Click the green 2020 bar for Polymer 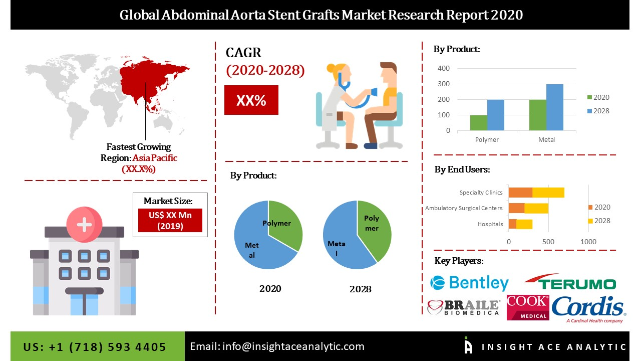[x=478, y=123]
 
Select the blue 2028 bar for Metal [x=554, y=107]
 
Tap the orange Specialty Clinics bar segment [x=520, y=193]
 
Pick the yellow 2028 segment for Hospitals [x=524, y=224]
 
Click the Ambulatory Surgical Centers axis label [x=464, y=208]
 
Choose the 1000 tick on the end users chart [x=588, y=242]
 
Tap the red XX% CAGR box [x=251, y=100]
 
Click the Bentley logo [x=469, y=283]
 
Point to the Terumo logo [x=570, y=283]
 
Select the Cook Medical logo [x=528, y=307]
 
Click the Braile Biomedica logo [x=464, y=307]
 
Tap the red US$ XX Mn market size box [x=170, y=220]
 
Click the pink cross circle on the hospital [x=84, y=225]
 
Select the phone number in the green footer [x=95, y=347]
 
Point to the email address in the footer [x=277, y=346]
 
